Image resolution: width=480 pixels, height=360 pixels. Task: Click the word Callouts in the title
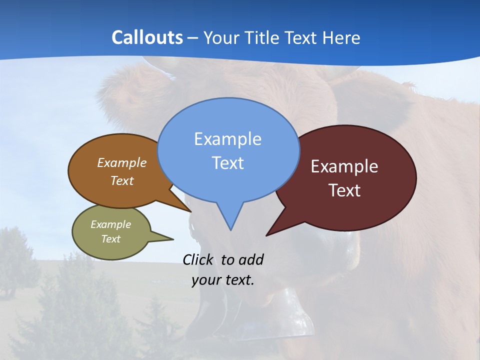pos(147,37)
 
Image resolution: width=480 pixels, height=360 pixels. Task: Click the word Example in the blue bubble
pos(228,139)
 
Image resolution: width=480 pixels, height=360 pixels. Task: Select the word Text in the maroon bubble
pos(344,190)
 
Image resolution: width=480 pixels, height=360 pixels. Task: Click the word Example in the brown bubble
pos(122,163)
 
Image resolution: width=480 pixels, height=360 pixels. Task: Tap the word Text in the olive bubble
pos(111,239)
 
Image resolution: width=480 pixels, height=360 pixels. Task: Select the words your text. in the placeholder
pos(223,280)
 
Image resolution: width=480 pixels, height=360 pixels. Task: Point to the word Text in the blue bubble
pos(228,163)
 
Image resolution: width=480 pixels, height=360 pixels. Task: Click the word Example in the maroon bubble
pos(344,166)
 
